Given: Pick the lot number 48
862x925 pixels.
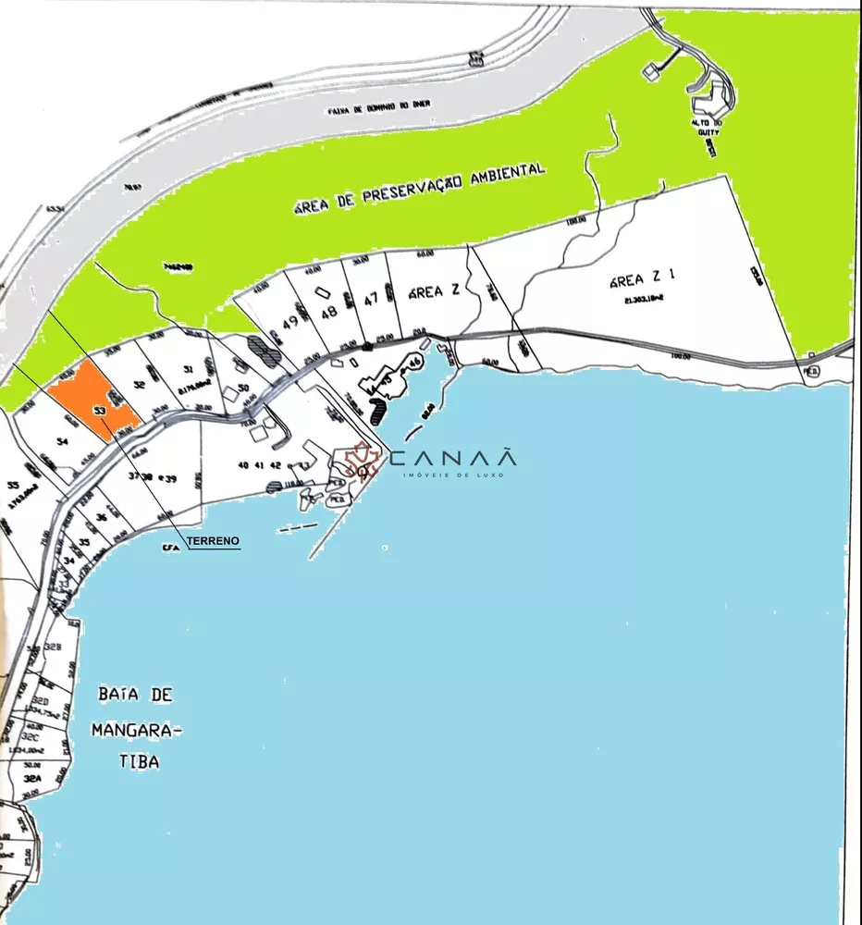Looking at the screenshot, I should pos(327,312).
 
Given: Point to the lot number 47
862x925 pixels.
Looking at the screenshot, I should pos(371,299).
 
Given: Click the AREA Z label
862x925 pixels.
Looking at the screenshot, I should pos(434,291).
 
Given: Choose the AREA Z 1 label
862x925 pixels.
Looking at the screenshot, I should pos(644,278).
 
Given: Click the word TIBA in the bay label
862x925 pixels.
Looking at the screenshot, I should pos(138,762).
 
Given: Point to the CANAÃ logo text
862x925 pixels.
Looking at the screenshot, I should pos(452,458).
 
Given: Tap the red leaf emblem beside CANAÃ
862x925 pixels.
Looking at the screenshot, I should pos(361,460).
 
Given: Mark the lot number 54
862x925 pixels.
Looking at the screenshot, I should pos(63,443).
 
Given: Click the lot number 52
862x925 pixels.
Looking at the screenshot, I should pos(142,383).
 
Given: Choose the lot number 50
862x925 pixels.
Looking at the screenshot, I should pos(243,387).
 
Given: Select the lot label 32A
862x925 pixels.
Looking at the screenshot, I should pos(33,780).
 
